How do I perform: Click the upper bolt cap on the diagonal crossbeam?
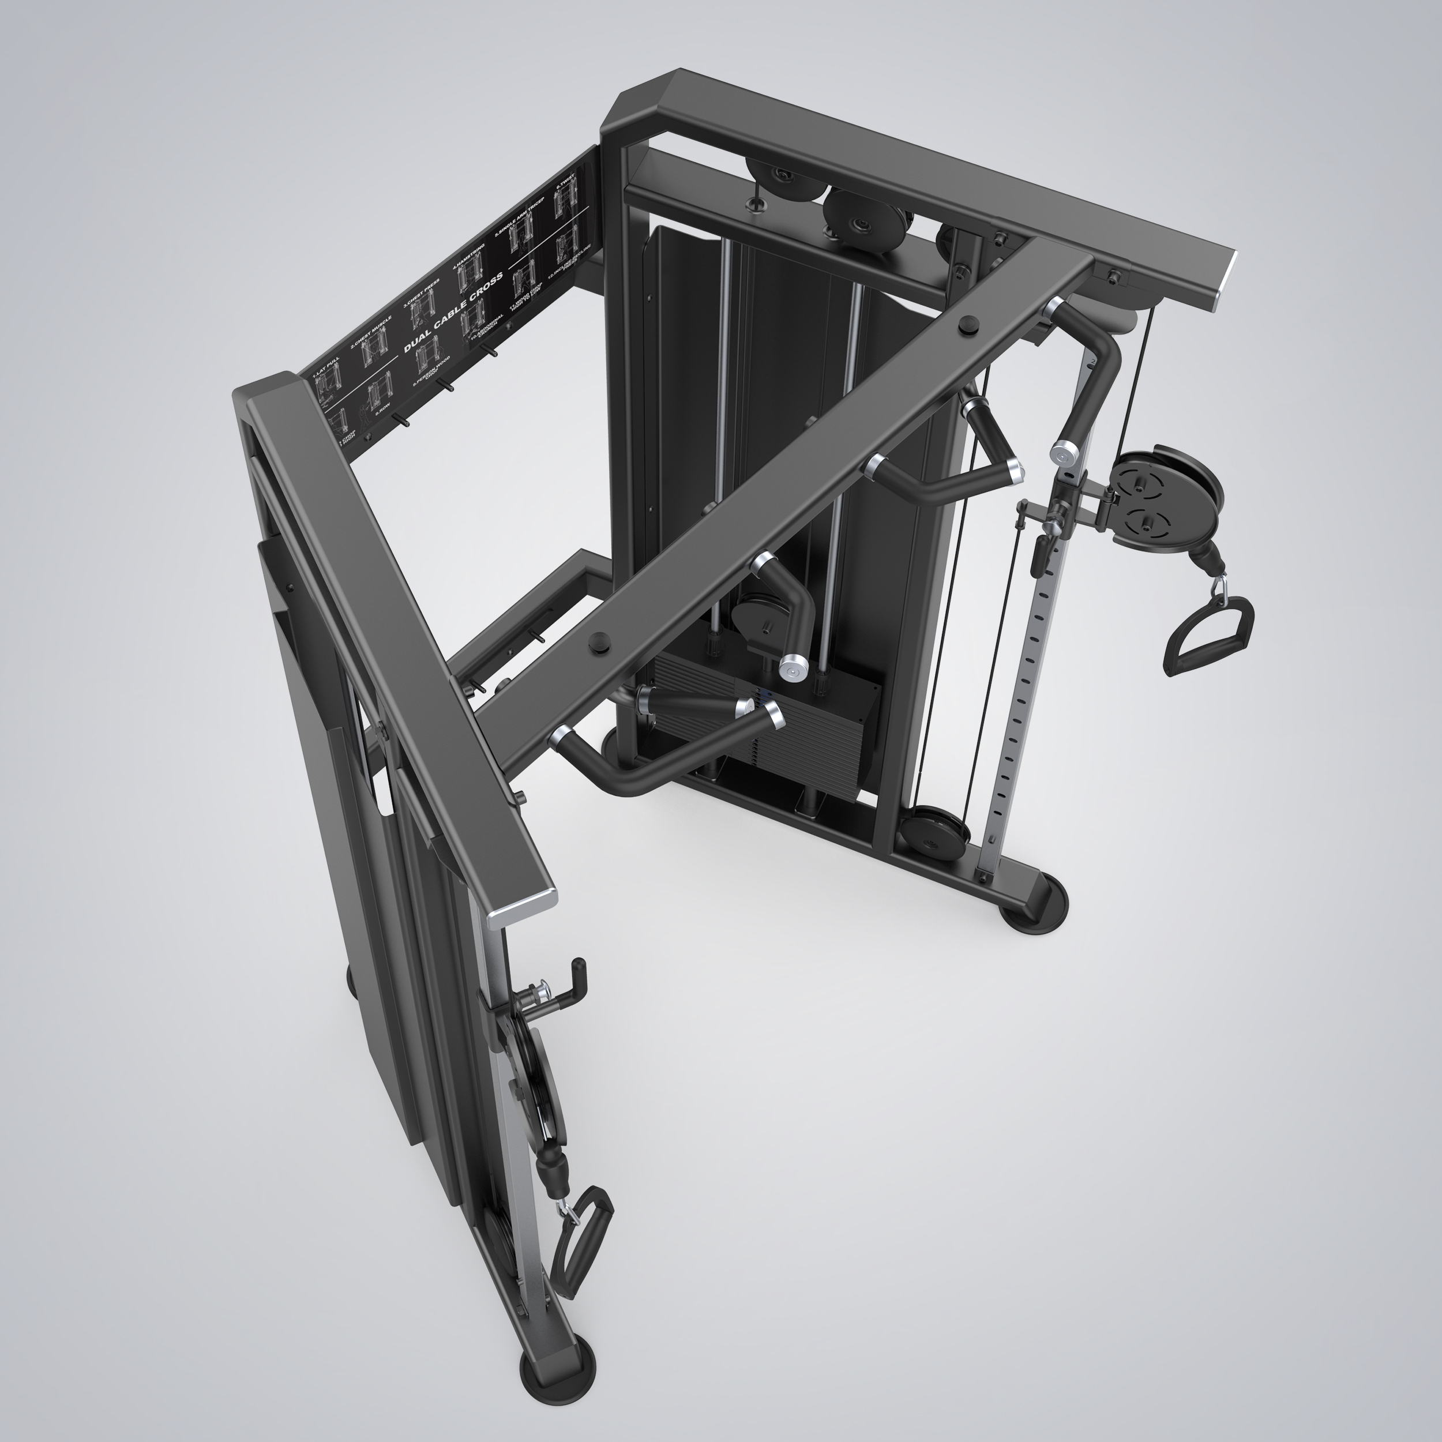[x=968, y=325]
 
